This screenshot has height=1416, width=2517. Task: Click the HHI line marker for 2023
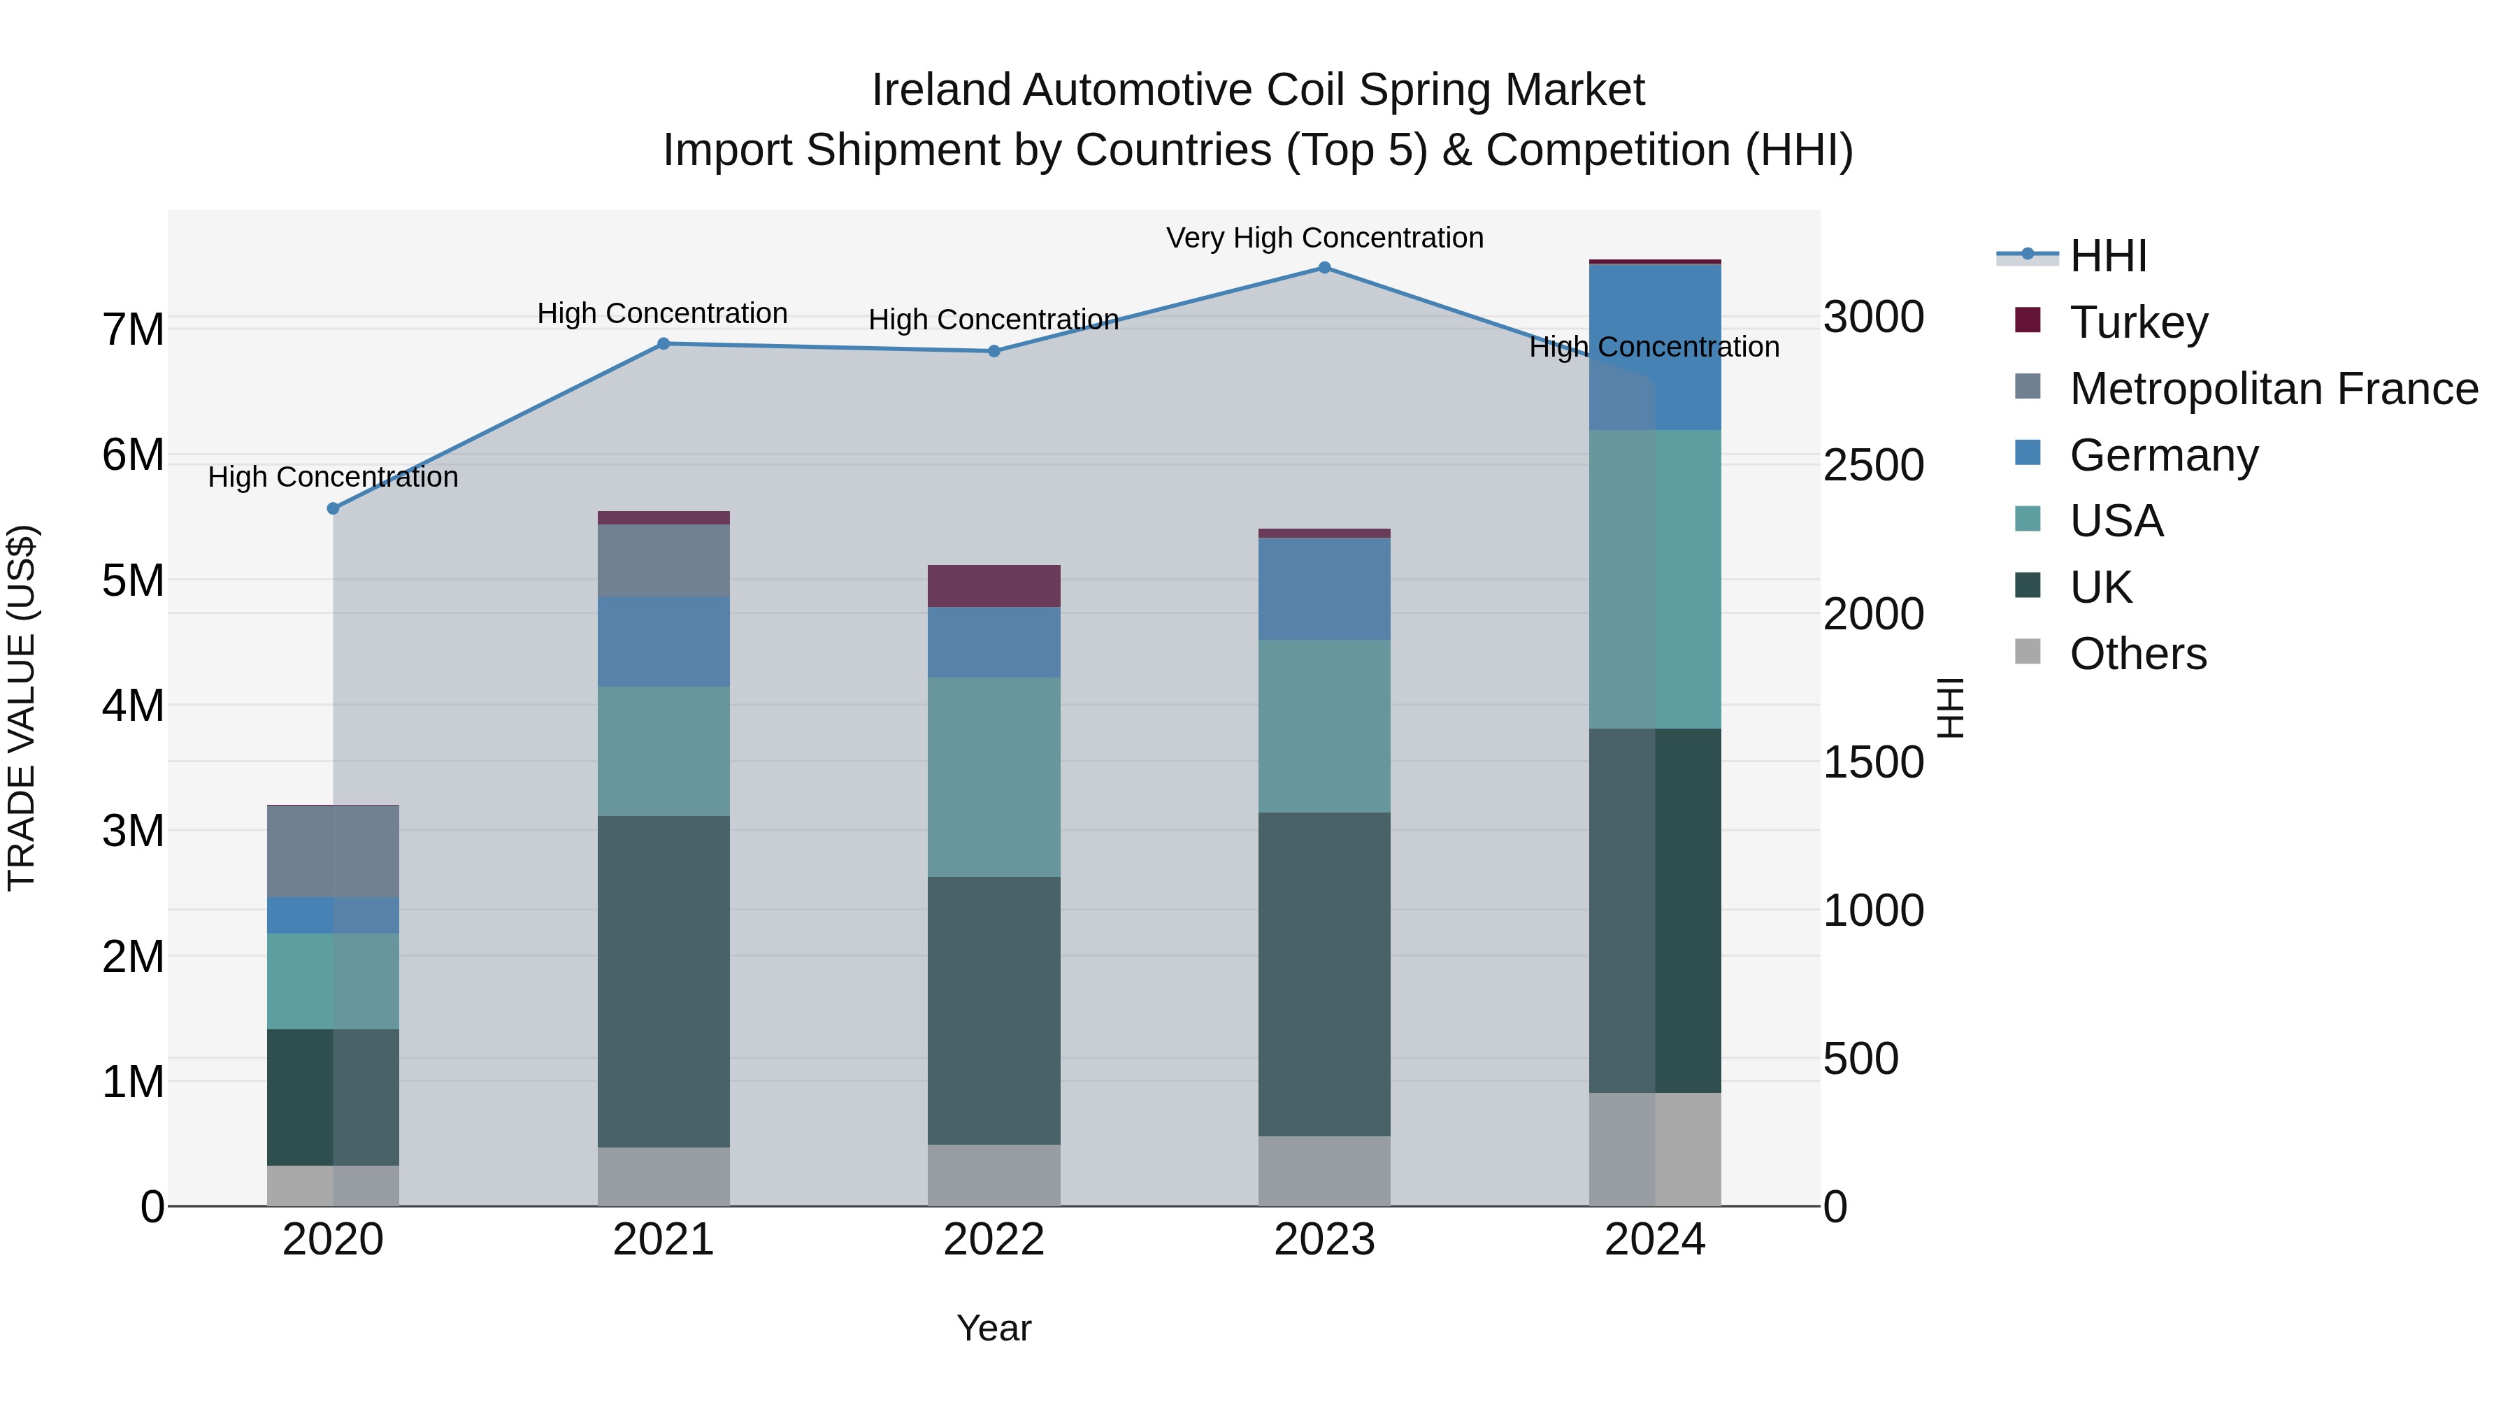point(1324,268)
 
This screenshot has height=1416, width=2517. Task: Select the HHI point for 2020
point(334,508)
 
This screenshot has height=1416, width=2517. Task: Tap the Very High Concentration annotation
point(1324,238)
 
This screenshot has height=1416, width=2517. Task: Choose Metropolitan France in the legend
point(2273,389)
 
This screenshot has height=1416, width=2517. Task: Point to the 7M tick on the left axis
point(133,330)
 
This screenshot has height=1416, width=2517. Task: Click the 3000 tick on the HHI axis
point(1873,317)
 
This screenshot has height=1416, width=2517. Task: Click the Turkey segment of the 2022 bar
point(994,587)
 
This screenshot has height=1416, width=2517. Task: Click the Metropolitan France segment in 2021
point(664,561)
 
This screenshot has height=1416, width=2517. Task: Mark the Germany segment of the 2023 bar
point(1324,589)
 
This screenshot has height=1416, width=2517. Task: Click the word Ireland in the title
point(942,91)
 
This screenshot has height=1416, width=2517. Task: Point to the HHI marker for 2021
point(664,344)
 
